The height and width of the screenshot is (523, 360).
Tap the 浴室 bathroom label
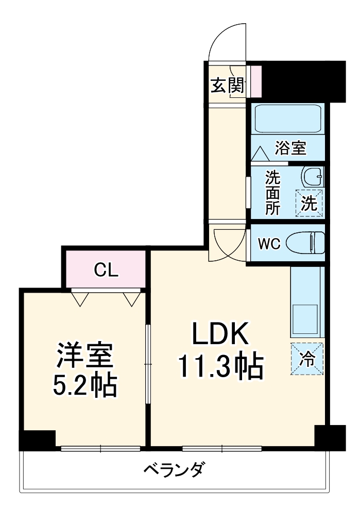point(290,148)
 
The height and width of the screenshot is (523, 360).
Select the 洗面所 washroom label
point(273,192)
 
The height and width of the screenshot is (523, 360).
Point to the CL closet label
point(106,269)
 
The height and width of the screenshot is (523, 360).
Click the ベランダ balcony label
point(175,469)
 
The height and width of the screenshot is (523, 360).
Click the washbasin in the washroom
point(313,177)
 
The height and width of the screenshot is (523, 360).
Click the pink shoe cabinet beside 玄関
point(256,81)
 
